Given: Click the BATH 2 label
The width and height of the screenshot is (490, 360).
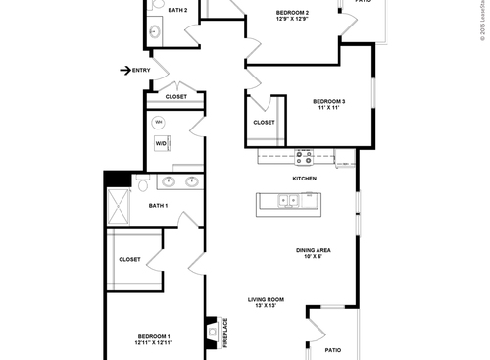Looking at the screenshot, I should [177, 10].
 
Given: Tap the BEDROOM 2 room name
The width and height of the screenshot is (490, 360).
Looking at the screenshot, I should [292, 13].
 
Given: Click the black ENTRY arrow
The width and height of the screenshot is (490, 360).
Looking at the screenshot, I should [124, 70].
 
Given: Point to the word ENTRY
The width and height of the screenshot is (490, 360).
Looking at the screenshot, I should [141, 70].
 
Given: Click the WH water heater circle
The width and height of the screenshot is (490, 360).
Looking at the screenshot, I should [160, 123].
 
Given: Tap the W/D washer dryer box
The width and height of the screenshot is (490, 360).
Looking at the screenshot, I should [161, 143].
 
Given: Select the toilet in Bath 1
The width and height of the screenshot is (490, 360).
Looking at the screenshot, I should [142, 183].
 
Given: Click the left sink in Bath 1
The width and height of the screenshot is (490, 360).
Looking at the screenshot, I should [168, 182].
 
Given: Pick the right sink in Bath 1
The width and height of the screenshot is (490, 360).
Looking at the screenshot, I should [191, 182].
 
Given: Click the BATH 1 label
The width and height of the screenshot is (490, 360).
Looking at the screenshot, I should [158, 206].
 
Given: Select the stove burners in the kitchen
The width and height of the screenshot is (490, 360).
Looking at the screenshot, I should [304, 155].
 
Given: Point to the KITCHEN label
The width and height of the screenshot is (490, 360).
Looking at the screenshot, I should [304, 179].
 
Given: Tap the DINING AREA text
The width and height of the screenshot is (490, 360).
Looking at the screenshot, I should [313, 250].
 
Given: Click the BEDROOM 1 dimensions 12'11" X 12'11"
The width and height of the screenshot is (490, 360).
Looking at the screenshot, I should [154, 343].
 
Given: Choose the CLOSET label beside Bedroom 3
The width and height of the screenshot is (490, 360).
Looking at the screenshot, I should [264, 123].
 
